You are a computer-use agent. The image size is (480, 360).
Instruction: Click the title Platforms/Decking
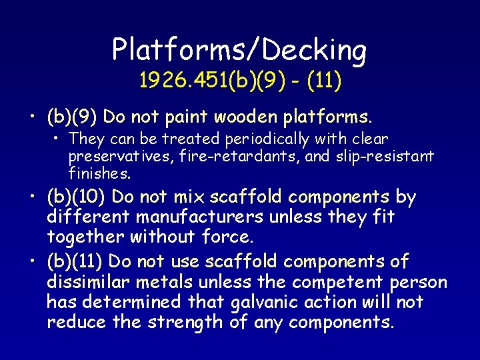click(x=239, y=50)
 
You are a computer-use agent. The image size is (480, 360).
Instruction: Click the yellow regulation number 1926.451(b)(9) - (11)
click(x=240, y=81)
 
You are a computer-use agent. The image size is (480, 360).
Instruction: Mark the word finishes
click(x=99, y=174)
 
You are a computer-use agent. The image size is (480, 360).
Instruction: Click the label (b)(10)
click(x=75, y=197)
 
